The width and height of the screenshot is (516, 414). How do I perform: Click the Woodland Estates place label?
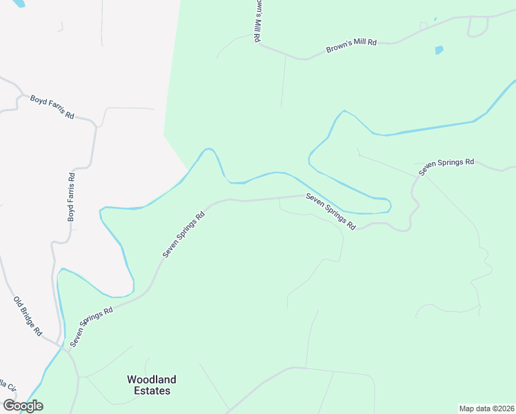(x=151, y=385)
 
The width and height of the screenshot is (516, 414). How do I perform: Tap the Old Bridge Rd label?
(x=28, y=317)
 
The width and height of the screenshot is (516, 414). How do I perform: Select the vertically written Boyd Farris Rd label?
(x=71, y=197)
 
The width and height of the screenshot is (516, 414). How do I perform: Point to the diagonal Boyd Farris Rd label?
(x=52, y=107)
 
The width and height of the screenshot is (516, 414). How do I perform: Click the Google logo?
(x=23, y=406)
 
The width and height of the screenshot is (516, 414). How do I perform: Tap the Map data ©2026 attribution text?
(x=486, y=408)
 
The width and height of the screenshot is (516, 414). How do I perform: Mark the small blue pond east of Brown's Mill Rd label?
(x=439, y=50)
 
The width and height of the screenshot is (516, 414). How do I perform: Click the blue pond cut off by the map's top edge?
(x=19, y=3)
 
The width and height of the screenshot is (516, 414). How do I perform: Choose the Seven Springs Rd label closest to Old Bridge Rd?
(x=91, y=326)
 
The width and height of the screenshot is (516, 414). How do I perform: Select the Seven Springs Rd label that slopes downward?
(x=331, y=212)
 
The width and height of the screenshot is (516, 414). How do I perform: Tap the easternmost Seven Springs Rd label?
(x=447, y=166)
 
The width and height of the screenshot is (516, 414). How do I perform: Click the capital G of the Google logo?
(x=9, y=406)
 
